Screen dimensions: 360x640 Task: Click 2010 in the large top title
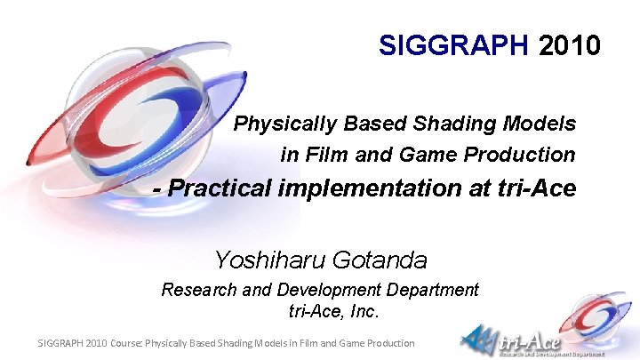570,44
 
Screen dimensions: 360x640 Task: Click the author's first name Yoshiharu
270,260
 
